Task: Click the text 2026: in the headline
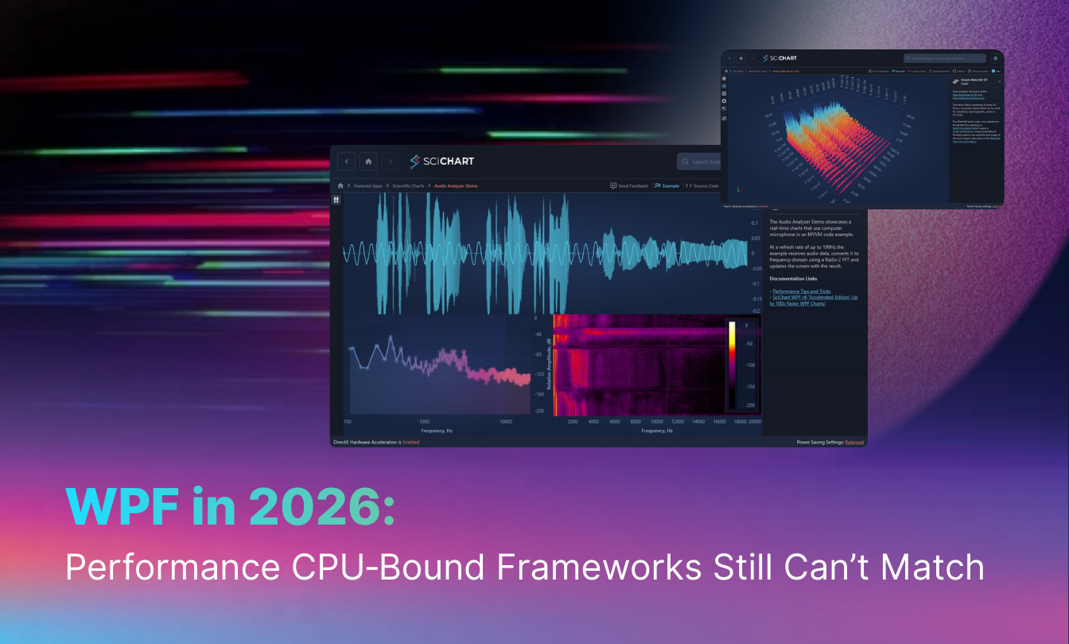(x=321, y=509)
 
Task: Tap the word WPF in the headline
(x=119, y=509)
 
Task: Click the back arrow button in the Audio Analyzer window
(x=346, y=162)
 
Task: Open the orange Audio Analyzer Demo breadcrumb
(x=456, y=185)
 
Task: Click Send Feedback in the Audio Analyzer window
(x=629, y=185)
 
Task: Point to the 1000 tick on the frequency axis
(x=426, y=422)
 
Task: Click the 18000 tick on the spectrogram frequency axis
(x=739, y=422)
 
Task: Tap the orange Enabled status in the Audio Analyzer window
(x=410, y=442)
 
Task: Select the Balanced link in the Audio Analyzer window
(x=853, y=442)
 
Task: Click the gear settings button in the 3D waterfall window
(x=994, y=58)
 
